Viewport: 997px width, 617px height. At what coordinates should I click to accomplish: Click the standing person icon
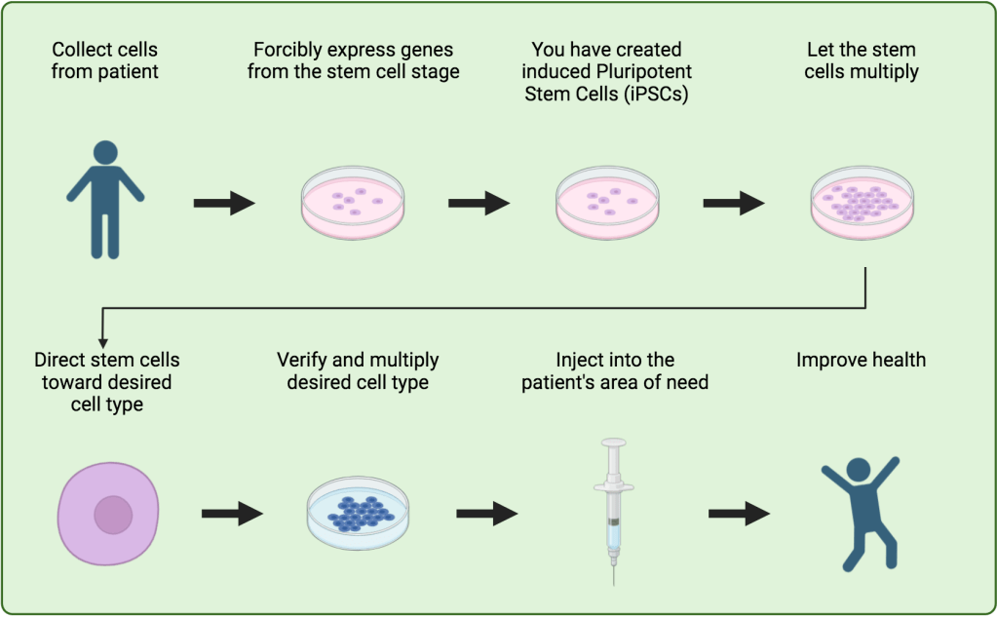[x=104, y=200]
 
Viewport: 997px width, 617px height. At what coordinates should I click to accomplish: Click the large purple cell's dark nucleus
[x=113, y=514]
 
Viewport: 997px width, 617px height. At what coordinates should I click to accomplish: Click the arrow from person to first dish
[x=224, y=203]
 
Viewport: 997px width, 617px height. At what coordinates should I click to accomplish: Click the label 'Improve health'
[x=861, y=361]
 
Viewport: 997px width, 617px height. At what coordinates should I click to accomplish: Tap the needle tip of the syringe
[x=613, y=582]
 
